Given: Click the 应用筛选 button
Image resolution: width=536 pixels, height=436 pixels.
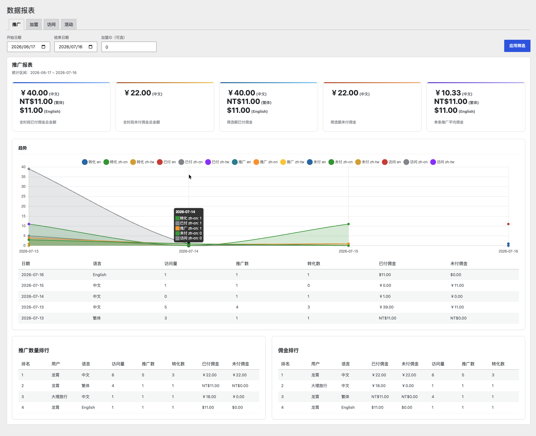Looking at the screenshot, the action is pyautogui.click(x=517, y=46).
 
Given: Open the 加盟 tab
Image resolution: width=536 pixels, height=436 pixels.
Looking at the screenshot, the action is pyautogui.click(x=34, y=24).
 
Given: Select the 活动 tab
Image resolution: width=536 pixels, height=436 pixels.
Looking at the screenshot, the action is pyautogui.click(x=69, y=24).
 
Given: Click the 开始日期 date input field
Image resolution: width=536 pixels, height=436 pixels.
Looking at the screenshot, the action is pyautogui.click(x=28, y=47).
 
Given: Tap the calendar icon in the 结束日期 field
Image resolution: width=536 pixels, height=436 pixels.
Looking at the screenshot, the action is pyautogui.click(x=91, y=47).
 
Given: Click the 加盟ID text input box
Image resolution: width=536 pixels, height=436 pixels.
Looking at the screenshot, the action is pyautogui.click(x=129, y=47).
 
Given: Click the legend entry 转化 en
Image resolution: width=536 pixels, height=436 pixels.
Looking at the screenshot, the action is pyautogui.click(x=91, y=162).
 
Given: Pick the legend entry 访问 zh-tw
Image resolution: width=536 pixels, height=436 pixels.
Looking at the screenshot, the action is pyautogui.click(x=442, y=162).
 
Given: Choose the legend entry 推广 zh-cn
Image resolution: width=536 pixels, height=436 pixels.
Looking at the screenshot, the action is pyautogui.click(x=266, y=162).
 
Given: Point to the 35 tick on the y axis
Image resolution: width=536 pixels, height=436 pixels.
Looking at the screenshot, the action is pyautogui.click(x=24, y=177).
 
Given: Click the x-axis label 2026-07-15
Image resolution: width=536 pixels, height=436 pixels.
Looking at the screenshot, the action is pyautogui.click(x=348, y=251).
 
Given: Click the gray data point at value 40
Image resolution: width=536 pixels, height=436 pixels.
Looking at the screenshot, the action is pyautogui.click(x=29, y=169).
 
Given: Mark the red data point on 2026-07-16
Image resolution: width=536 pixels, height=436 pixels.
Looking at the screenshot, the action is pyautogui.click(x=508, y=224).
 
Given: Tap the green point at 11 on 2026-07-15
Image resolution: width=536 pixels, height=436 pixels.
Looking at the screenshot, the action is pyautogui.click(x=348, y=224).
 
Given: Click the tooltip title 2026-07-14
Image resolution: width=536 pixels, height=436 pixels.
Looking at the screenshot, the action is pyautogui.click(x=185, y=212).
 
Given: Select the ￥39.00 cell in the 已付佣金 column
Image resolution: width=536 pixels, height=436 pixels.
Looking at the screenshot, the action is pyautogui.click(x=386, y=307).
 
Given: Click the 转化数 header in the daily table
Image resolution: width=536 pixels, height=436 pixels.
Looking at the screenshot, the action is pyautogui.click(x=314, y=264).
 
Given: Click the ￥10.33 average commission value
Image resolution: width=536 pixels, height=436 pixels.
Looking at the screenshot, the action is pyautogui.click(x=448, y=93).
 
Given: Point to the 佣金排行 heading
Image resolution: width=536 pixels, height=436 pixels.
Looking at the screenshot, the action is pyautogui.click(x=288, y=350).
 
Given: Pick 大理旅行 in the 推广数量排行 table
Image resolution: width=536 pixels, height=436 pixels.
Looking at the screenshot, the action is pyautogui.click(x=59, y=397).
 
